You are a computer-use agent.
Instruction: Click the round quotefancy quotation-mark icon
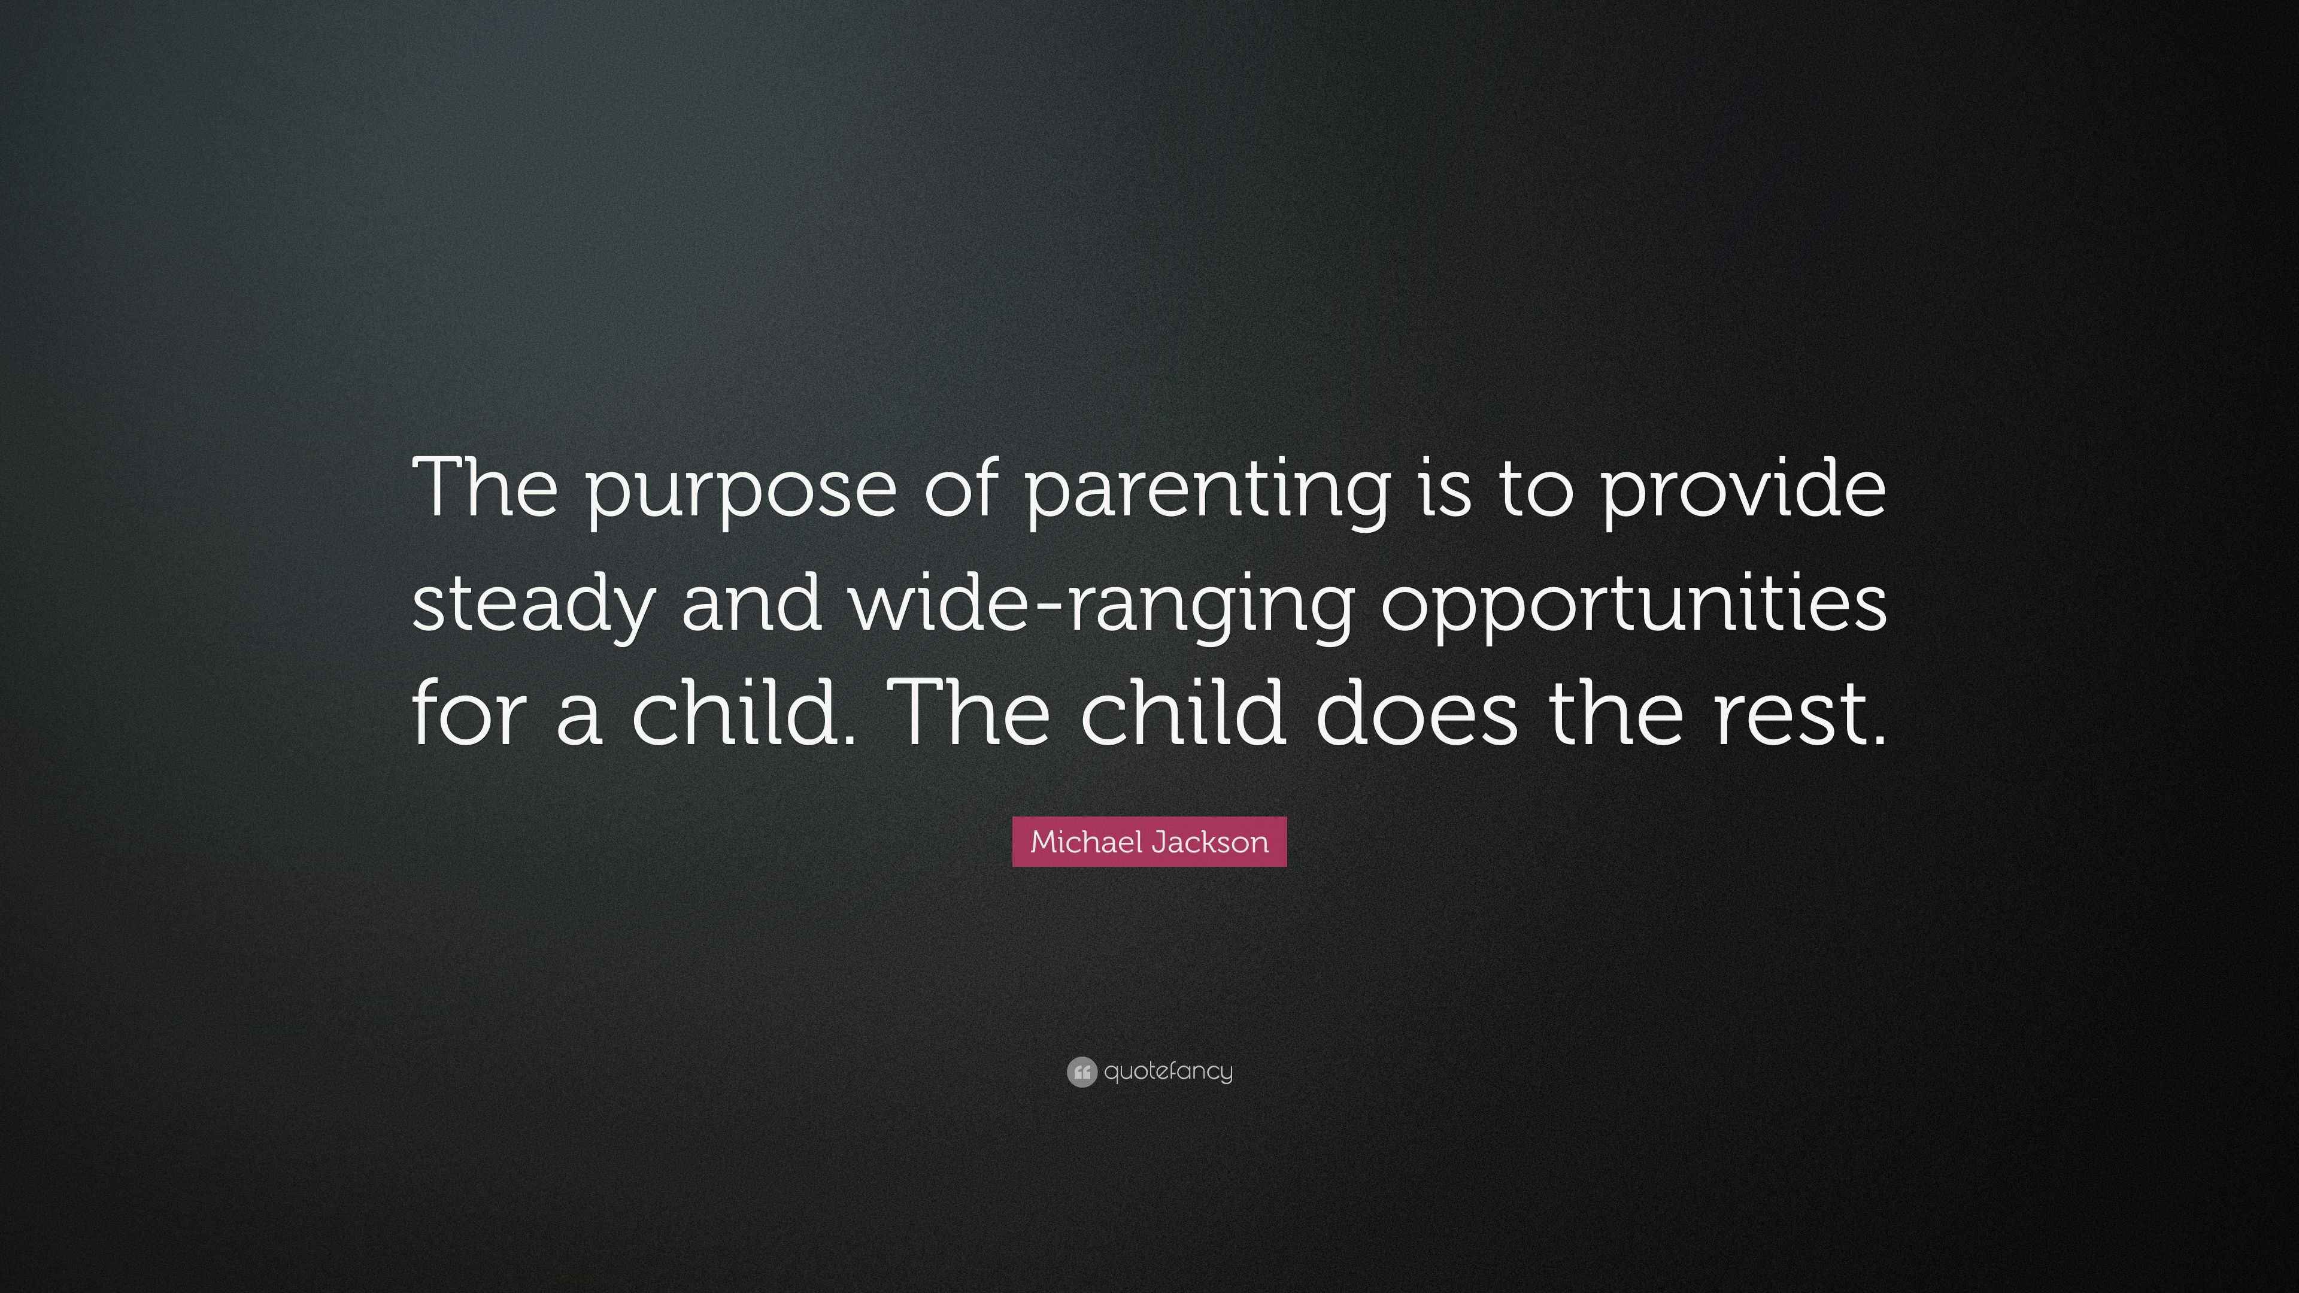(x=1081, y=1071)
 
